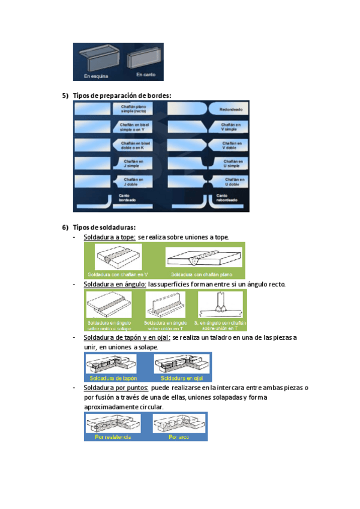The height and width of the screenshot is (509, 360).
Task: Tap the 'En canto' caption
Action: (x=146, y=74)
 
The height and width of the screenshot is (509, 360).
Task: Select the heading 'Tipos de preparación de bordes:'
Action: (x=122, y=95)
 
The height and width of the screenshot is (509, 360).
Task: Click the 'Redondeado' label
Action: (x=229, y=109)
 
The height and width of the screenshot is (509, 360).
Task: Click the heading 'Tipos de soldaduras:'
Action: (x=104, y=227)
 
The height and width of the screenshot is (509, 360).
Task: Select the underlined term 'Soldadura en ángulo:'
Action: (x=115, y=284)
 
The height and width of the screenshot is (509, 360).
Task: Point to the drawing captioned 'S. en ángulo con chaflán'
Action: (x=220, y=306)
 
